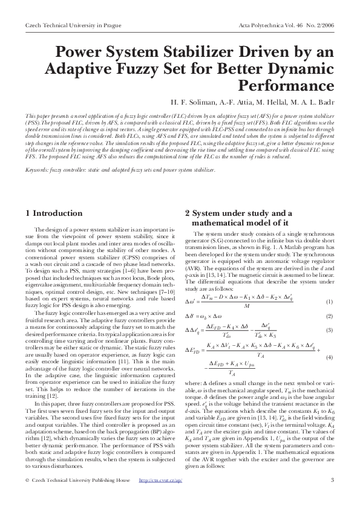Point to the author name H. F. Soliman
[193, 101]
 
